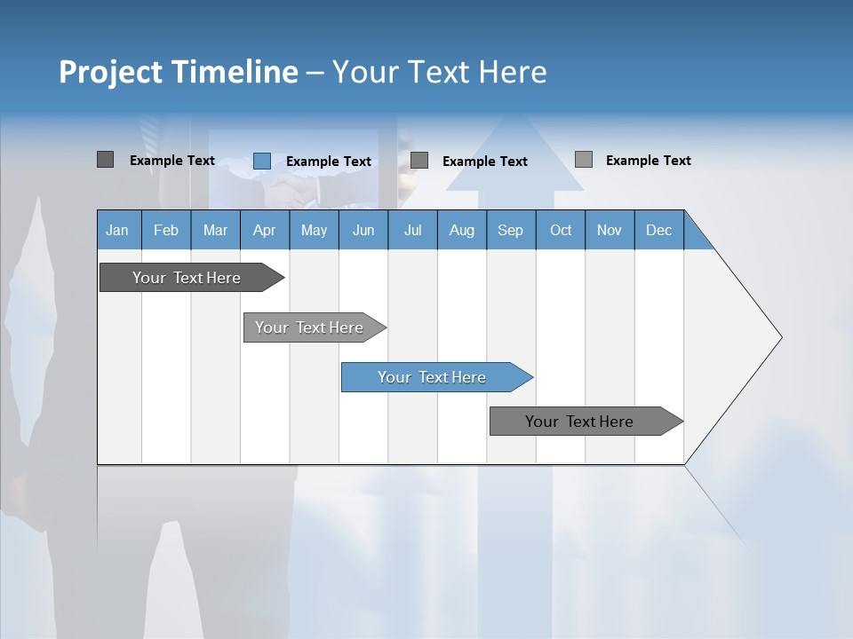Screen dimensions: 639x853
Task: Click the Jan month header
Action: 118,230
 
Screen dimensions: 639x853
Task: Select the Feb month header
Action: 166,230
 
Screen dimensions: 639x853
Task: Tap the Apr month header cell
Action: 265,230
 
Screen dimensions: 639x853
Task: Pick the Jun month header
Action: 363,230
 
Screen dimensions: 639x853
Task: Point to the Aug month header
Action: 462,230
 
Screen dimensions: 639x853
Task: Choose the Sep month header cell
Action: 511,230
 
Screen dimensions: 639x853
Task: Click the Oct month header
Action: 561,230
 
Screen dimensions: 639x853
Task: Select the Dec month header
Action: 659,230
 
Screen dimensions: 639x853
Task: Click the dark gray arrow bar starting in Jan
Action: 187,278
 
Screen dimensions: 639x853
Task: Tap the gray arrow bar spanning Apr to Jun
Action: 309,327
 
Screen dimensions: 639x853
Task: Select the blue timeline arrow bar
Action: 432,377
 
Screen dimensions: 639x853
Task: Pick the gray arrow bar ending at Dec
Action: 579,422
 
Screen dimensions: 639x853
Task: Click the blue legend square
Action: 261,161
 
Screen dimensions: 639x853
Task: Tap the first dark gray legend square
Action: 105,160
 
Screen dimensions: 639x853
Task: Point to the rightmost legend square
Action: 583,160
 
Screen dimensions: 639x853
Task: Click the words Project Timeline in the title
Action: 178,72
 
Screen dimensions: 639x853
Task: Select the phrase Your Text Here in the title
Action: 439,72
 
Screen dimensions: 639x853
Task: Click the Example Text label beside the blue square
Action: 328,162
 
